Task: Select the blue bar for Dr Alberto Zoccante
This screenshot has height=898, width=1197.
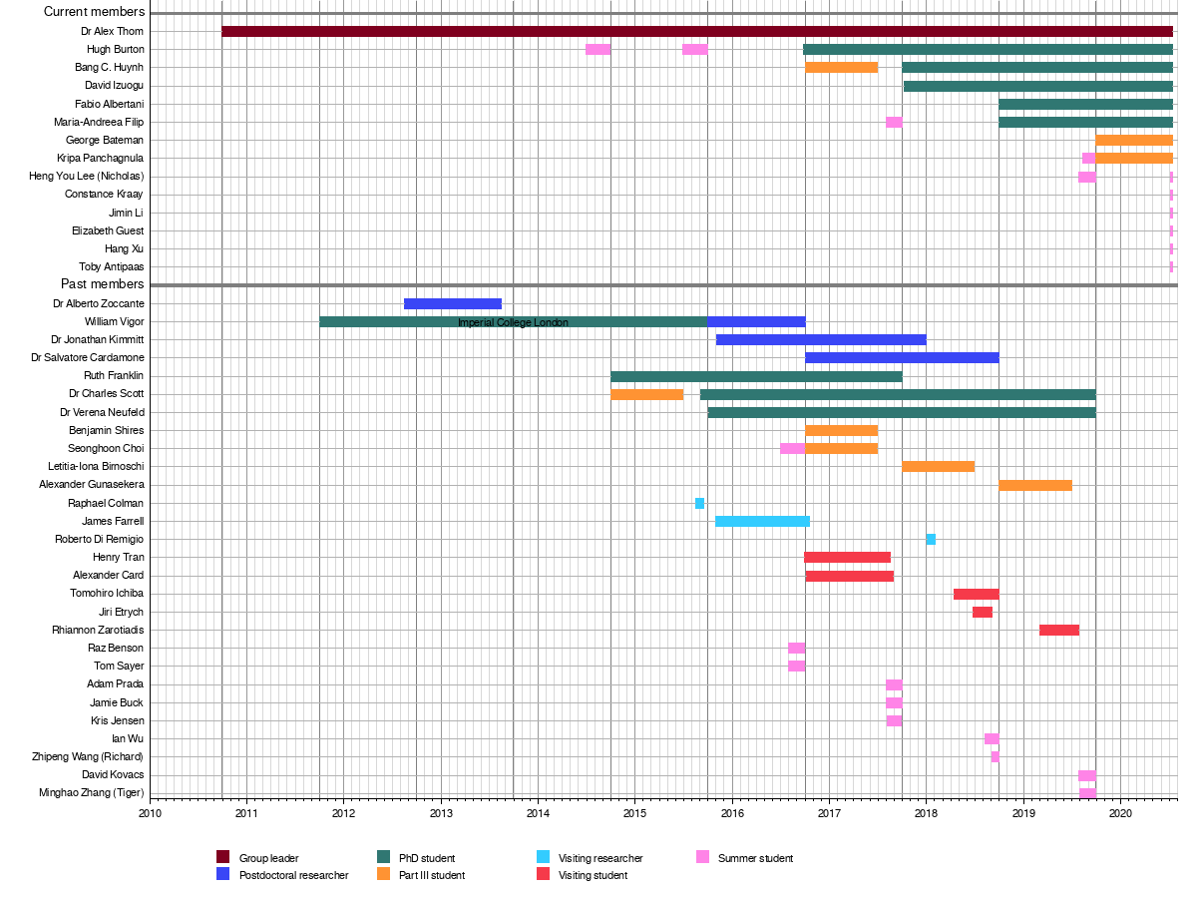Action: pyautogui.click(x=452, y=303)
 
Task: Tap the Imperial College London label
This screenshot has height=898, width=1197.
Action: pyautogui.click(x=513, y=322)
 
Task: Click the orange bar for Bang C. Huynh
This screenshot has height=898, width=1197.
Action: pyautogui.click(x=841, y=67)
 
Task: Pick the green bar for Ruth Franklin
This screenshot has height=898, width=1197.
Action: pyautogui.click(x=756, y=376)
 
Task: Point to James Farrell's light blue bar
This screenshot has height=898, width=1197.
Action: pyautogui.click(x=762, y=521)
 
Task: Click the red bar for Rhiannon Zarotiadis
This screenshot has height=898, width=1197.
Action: pyautogui.click(x=1058, y=630)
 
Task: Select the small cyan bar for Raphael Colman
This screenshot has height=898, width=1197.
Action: pyautogui.click(x=699, y=503)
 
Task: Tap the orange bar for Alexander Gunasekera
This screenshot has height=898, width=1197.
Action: pyautogui.click(x=1034, y=485)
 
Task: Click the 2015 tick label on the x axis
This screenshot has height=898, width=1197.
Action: pyautogui.click(x=634, y=813)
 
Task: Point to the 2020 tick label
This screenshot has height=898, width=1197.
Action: pyautogui.click(x=1119, y=813)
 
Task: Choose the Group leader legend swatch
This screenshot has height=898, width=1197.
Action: pyautogui.click(x=223, y=857)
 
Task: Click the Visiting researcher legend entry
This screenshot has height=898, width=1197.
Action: pyautogui.click(x=600, y=858)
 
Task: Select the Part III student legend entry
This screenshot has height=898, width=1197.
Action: pyautogui.click(x=431, y=875)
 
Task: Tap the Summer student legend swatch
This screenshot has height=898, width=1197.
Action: pyautogui.click(x=702, y=857)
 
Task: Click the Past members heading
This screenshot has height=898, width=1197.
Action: pyautogui.click(x=103, y=284)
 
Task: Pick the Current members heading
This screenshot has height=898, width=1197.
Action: pyautogui.click(x=95, y=12)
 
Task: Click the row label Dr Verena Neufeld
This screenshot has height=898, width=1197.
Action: pyautogui.click(x=102, y=412)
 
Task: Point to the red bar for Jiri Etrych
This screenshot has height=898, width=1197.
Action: pyautogui.click(x=982, y=612)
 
